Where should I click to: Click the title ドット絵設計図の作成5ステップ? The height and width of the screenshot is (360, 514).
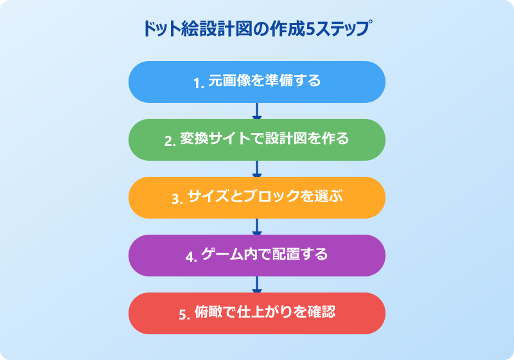click(x=258, y=29)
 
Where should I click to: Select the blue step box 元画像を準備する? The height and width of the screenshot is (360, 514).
click(x=257, y=82)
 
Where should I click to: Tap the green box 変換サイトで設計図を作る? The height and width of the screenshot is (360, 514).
click(x=257, y=139)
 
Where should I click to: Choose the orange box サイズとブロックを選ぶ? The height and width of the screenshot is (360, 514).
click(x=257, y=198)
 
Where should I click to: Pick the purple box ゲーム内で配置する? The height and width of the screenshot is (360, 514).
click(x=257, y=255)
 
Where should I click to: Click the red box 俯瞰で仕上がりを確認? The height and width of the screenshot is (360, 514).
click(x=257, y=314)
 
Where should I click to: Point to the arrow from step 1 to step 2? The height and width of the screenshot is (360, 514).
click(x=257, y=111)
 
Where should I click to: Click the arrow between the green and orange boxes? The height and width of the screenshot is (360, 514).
click(x=257, y=168)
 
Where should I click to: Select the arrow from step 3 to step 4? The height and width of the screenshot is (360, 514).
click(x=257, y=226)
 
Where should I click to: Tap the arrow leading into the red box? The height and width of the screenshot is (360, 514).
click(x=257, y=284)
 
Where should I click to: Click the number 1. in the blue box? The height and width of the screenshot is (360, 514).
click(x=199, y=83)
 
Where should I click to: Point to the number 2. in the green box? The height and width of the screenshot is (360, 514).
click(x=170, y=141)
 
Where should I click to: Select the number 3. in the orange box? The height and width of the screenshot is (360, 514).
click(x=177, y=199)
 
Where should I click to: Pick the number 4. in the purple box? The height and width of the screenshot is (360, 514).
click(x=191, y=256)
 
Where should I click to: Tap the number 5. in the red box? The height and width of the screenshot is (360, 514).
click(x=184, y=314)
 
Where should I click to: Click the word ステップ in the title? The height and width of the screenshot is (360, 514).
click(x=344, y=29)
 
